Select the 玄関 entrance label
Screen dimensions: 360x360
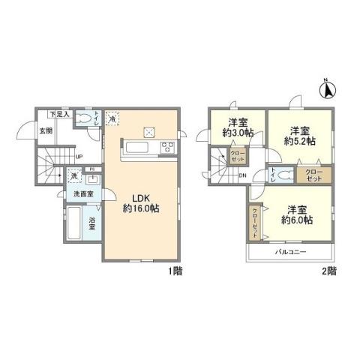point(46,130)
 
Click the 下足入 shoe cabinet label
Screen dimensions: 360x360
point(59,115)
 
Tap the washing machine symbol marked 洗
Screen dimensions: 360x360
point(74,176)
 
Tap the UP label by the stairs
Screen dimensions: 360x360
point(79,157)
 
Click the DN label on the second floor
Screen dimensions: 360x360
point(243,176)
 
